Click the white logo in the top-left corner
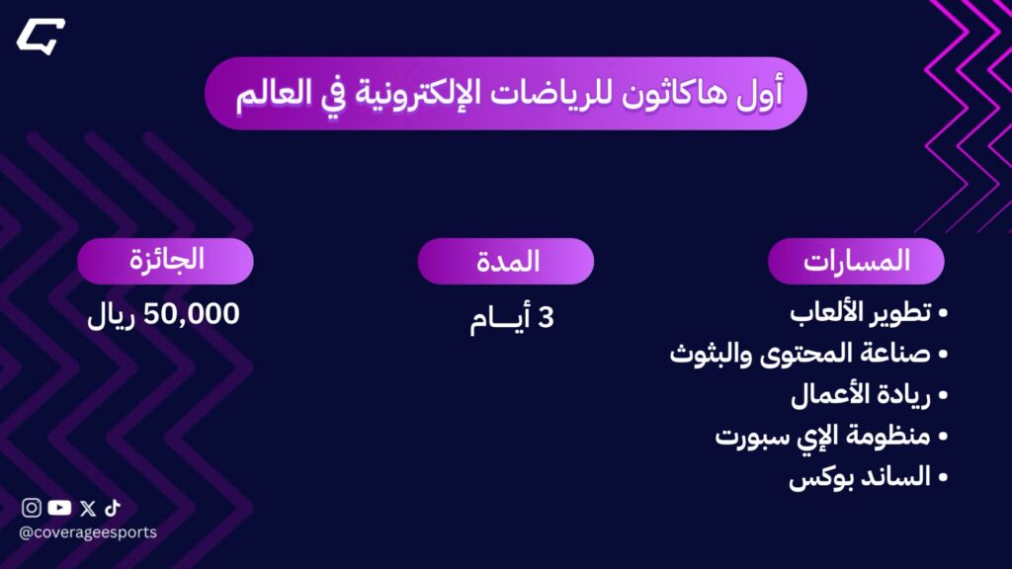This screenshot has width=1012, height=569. (41, 37)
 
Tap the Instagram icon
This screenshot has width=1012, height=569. (31, 508)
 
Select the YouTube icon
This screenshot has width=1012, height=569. (59, 508)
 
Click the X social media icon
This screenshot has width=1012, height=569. (88, 509)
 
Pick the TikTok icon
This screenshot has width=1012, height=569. (113, 508)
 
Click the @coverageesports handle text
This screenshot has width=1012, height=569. (88, 532)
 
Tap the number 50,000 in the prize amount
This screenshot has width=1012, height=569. (191, 314)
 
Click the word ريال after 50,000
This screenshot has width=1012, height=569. (111, 316)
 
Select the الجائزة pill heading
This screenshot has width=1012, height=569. (165, 261)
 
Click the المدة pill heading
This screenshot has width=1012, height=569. (505, 261)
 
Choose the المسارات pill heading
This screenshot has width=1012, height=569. (856, 261)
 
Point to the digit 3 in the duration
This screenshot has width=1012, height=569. (546, 318)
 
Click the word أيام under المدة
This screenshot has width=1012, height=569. (500, 319)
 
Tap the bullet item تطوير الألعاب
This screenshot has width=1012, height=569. (861, 313)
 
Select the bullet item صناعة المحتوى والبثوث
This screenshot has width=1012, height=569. (801, 355)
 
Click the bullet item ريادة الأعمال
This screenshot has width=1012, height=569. (861, 395)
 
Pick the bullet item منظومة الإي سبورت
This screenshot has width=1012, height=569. (823, 437)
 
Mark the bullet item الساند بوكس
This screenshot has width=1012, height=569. (860, 477)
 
